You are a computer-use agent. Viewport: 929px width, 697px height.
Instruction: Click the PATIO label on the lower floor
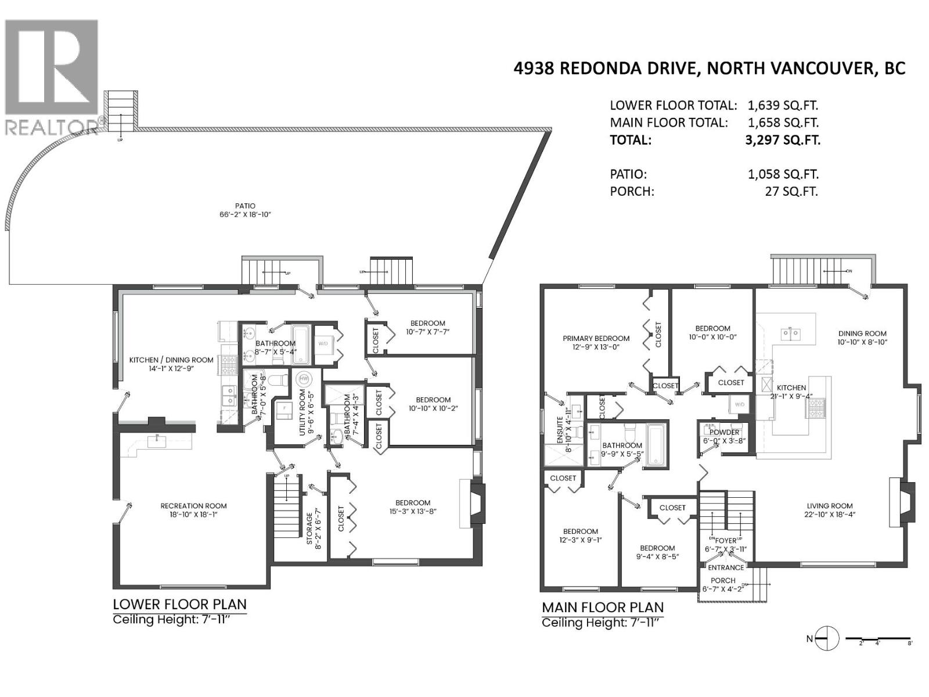(245, 206)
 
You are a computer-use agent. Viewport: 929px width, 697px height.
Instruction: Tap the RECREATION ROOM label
(193, 506)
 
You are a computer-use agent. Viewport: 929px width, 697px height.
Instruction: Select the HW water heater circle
(303, 379)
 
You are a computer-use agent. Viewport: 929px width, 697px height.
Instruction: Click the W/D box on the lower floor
(323, 343)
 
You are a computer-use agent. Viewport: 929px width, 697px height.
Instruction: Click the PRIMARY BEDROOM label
(596, 339)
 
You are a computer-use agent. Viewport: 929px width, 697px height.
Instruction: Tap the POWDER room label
(724, 432)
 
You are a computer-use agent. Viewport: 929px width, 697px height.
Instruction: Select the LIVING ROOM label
(829, 506)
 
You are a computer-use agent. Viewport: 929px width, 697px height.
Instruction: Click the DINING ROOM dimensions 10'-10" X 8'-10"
(862, 342)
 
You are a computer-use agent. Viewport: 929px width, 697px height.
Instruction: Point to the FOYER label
(726, 541)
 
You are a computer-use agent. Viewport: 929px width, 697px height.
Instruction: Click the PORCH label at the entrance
(723, 580)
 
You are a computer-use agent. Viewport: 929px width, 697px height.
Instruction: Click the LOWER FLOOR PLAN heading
(179, 604)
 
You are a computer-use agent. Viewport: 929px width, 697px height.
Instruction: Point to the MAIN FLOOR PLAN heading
(602, 608)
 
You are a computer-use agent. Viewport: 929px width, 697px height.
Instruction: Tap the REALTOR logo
(52, 76)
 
